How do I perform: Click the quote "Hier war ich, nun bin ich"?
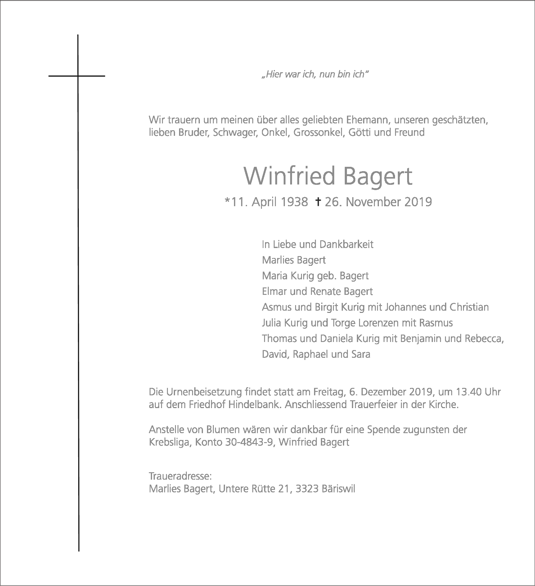point(315,75)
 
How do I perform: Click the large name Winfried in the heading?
point(290,176)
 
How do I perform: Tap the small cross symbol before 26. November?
point(318,202)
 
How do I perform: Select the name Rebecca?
point(484,338)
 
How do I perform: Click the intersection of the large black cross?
point(78,76)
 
